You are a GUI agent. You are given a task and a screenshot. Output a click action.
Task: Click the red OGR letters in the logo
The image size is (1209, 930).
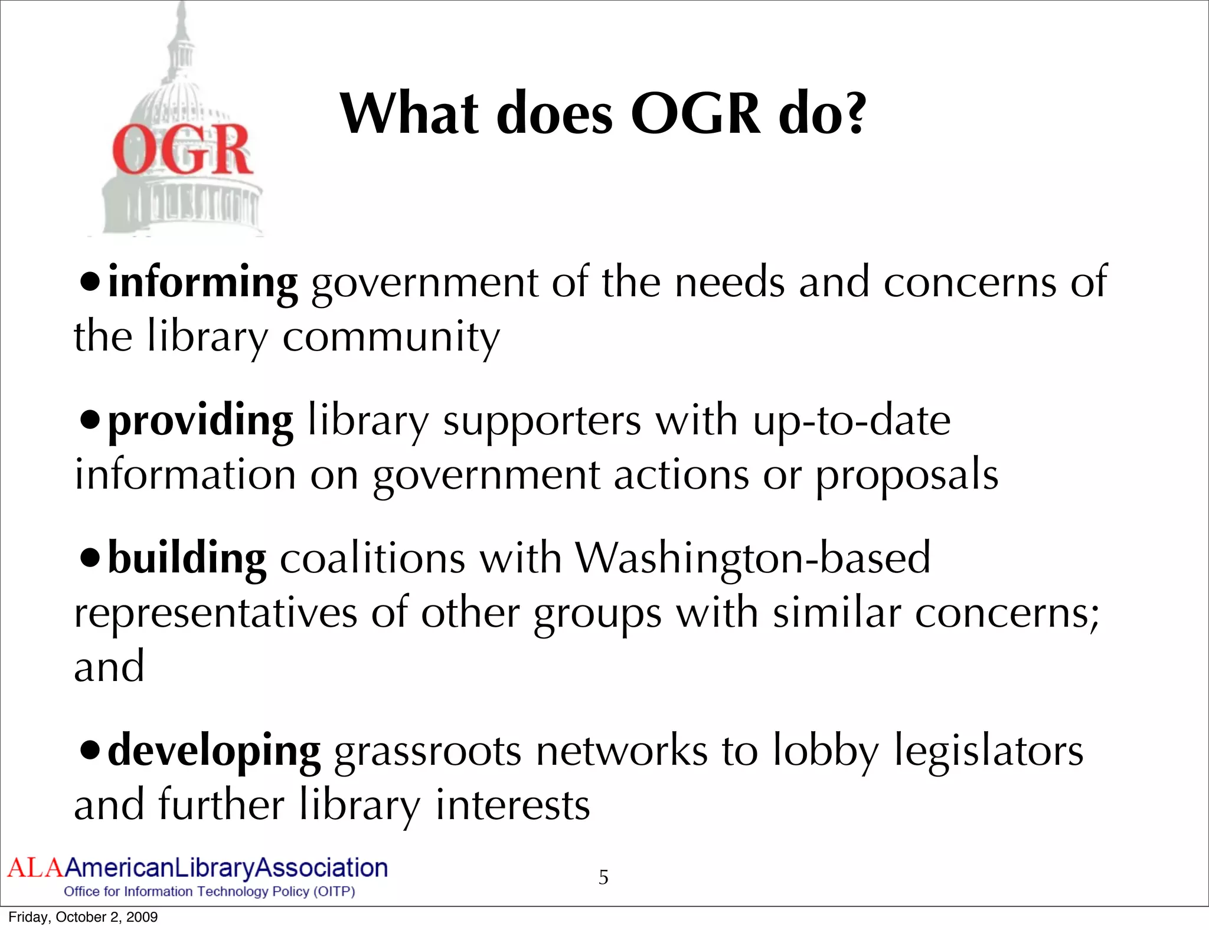(x=182, y=150)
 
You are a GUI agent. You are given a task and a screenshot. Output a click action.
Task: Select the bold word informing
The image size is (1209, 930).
(x=203, y=283)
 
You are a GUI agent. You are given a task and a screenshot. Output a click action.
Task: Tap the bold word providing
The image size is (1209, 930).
(x=201, y=421)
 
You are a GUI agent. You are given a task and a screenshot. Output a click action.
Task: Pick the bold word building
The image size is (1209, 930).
(x=187, y=558)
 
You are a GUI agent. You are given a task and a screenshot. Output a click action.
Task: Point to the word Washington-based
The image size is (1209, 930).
(x=753, y=558)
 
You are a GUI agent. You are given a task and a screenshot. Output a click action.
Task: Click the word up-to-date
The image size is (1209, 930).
(x=851, y=421)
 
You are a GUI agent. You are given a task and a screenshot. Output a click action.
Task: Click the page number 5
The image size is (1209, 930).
(x=603, y=877)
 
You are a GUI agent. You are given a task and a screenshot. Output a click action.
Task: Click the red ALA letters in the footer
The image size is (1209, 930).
(x=34, y=868)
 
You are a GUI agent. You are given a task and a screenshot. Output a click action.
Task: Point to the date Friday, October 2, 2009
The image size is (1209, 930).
(x=83, y=917)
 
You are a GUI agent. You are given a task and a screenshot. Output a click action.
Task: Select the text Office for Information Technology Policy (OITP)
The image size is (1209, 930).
(x=210, y=892)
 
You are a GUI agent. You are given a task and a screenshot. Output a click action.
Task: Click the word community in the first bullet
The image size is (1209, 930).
(x=391, y=338)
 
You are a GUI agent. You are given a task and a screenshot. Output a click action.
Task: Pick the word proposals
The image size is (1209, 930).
(x=907, y=476)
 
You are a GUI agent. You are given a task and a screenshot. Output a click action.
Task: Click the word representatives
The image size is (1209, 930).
(x=215, y=614)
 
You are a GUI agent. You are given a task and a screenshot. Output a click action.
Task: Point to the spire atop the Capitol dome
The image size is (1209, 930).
(x=181, y=24)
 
